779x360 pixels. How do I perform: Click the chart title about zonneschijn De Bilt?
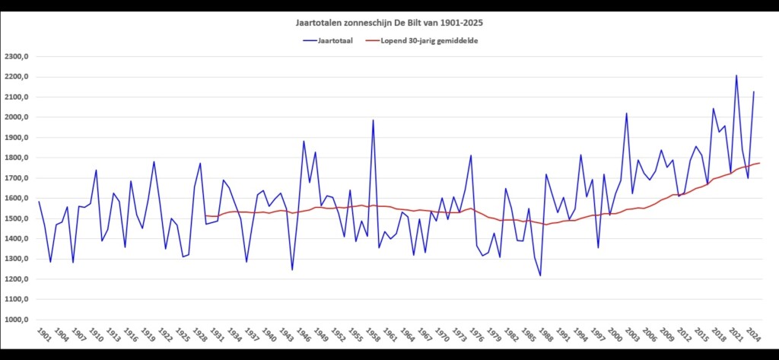pos(389,24)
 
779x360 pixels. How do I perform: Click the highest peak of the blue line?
pos(736,75)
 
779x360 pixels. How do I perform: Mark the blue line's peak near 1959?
pos(374,120)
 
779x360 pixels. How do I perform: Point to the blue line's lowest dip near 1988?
pos(541,276)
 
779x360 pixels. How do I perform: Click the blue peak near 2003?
pos(627,113)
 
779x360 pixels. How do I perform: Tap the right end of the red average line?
pos(759,163)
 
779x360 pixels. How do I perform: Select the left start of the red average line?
pos(205,215)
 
